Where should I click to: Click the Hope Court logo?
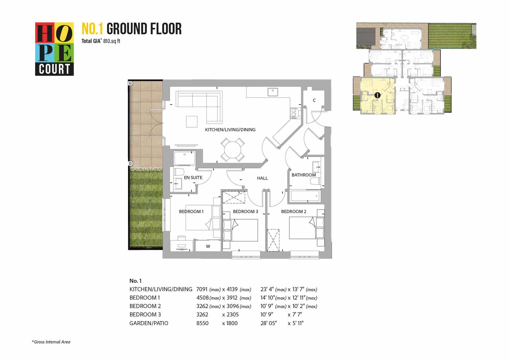click(54, 49)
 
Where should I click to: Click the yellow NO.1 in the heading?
click(93, 29)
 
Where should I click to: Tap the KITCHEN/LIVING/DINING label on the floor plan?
click(230, 130)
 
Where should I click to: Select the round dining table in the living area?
click(232, 150)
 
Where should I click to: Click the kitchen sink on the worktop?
click(272, 92)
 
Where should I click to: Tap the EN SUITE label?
click(193, 178)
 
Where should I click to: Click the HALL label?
click(262, 178)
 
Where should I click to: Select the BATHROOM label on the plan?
click(304, 175)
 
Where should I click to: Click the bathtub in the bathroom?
click(305, 196)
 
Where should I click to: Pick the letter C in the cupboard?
click(314, 100)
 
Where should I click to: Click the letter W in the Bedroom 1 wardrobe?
click(208, 246)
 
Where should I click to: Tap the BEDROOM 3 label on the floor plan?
click(246, 212)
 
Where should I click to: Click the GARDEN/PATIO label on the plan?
click(146, 169)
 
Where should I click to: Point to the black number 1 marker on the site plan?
click(377, 95)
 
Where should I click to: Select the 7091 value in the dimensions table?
click(202, 289)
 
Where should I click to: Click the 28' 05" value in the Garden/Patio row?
click(269, 323)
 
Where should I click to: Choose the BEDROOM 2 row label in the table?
click(145, 306)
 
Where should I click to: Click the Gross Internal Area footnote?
click(51, 342)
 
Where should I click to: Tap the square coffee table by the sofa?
click(192, 122)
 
